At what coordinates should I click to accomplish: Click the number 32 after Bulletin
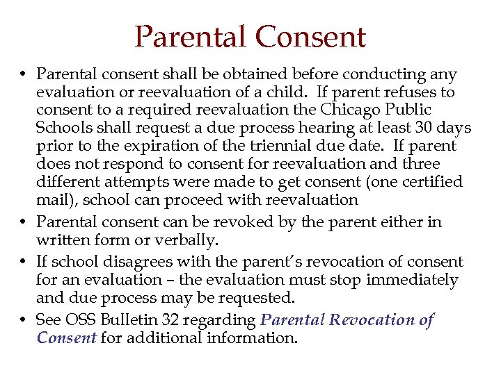point(172,320)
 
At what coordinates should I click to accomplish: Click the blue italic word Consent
point(66,338)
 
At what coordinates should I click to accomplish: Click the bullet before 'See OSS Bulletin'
point(23,320)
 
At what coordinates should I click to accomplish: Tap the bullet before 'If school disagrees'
point(23,262)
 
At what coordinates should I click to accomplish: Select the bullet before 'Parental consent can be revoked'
point(23,222)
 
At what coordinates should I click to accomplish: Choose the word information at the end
point(255,338)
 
